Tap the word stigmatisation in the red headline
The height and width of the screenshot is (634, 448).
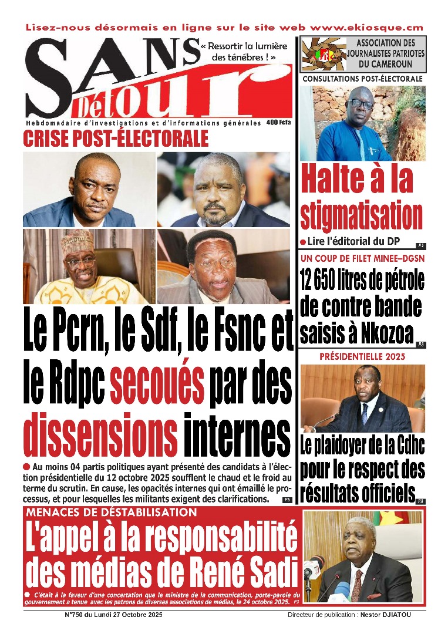coord(361,215)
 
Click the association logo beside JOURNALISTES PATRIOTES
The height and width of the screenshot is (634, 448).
coord(322,54)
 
